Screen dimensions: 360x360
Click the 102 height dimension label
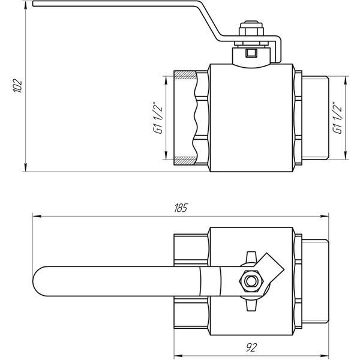coord(17,86)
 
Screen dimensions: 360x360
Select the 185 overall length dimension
coord(181,208)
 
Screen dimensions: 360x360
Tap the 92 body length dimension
coord(251,347)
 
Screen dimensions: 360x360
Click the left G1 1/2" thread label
coord(158,118)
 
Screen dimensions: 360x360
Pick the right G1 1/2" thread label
coord(337,118)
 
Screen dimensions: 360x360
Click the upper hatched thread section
coord(185,75)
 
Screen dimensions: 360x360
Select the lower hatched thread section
coord(185,161)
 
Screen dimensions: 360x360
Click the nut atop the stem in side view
coord(251,29)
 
